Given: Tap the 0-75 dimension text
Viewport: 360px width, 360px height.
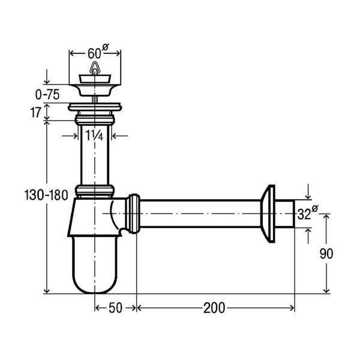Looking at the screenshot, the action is point(47,95).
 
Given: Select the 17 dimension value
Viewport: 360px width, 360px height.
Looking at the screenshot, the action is point(35,113).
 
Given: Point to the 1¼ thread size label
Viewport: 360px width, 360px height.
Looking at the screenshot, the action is point(94,135).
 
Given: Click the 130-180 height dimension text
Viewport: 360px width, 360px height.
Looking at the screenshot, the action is point(46,196).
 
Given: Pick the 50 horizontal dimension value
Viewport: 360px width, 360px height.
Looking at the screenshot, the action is point(115,308).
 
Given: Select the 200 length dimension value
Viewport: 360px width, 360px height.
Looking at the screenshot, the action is point(214,308).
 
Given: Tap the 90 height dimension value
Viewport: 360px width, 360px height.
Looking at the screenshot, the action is point(326,254).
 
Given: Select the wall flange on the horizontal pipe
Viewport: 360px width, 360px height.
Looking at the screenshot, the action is point(268,214).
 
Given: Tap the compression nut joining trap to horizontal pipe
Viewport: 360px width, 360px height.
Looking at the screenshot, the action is point(133,214).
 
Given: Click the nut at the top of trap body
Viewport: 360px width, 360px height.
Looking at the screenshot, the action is point(95,191).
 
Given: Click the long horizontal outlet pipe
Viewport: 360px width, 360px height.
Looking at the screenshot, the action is point(200,214).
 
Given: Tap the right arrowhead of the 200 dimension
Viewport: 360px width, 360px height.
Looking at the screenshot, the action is point(292,308).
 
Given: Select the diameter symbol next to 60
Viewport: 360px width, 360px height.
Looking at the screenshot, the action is point(106,47).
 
